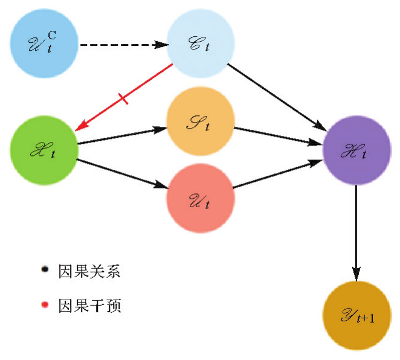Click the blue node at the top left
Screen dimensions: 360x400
43,44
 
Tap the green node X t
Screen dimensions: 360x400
44,152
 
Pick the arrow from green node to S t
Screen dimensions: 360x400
121,136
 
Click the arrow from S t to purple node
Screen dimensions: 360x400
279,137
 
